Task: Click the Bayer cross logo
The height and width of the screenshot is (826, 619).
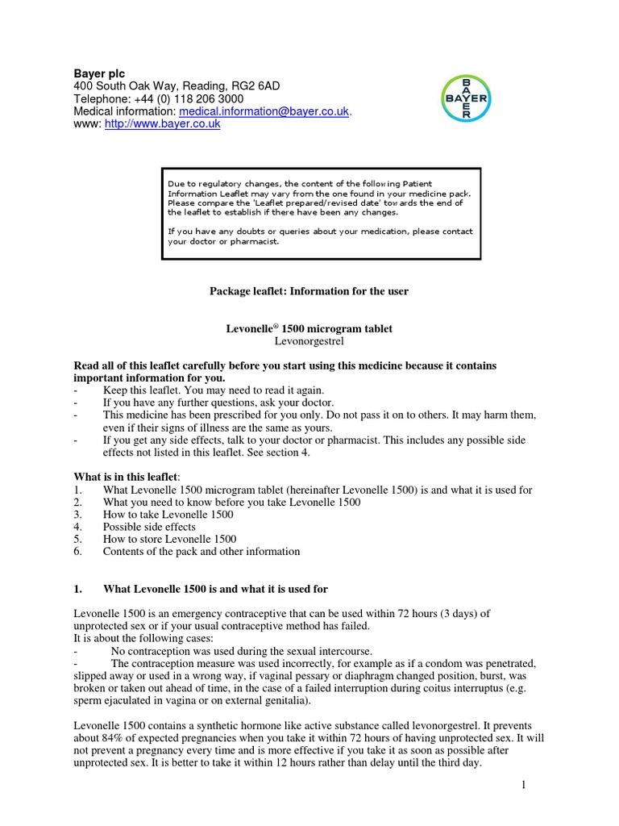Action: tap(466, 99)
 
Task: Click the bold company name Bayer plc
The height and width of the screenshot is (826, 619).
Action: tap(100, 73)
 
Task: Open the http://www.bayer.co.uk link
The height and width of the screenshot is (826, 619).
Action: tap(163, 125)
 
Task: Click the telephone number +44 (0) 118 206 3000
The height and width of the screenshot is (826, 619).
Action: tap(188, 99)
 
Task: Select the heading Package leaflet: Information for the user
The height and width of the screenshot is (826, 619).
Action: tap(309, 291)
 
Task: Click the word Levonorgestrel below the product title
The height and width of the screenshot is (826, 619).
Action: tap(309, 343)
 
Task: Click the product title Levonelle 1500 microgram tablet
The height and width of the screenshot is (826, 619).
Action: tap(309, 329)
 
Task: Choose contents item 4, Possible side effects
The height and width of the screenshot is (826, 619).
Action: tap(149, 527)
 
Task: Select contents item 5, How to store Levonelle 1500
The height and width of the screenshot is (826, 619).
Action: tap(168, 539)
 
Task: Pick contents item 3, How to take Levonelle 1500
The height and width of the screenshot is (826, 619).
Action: tap(168, 514)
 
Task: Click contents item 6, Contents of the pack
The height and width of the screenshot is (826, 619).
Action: tap(201, 552)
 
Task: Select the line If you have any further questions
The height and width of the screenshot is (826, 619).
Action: tap(218, 403)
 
